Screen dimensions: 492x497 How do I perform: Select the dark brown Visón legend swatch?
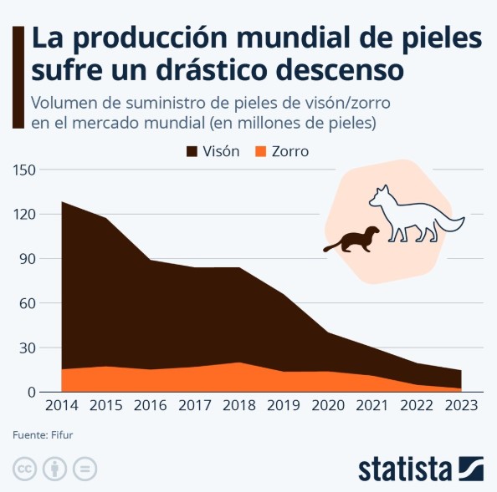(x=192, y=151)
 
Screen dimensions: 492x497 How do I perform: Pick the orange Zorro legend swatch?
(x=259, y=151)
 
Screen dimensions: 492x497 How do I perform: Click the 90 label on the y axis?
(x=28, y=259)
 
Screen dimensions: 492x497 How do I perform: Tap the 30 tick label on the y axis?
(x=28, y=347)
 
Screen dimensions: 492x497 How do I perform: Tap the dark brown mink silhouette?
(x=352, y=240)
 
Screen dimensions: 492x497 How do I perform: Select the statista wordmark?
(x=405, y=469)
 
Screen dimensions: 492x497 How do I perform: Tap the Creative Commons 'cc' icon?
(x=24, y=468)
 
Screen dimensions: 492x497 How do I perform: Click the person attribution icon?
(x=54, y=468)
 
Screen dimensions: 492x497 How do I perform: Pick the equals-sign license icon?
(x=85, y=468)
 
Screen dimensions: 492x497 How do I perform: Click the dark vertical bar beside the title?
(x=17, y=76)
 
